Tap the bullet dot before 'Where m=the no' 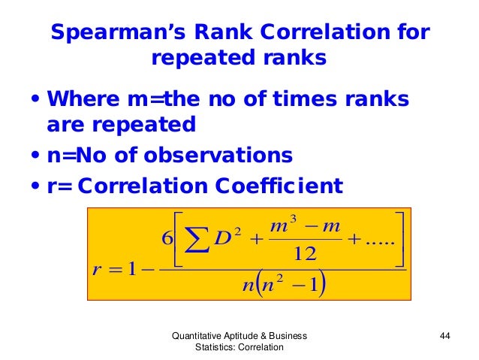[x=35, y=100]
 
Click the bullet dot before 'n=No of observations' [x=35, y=156]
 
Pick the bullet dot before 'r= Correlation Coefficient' [x=35, y=185]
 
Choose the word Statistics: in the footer [x=215, y=348]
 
